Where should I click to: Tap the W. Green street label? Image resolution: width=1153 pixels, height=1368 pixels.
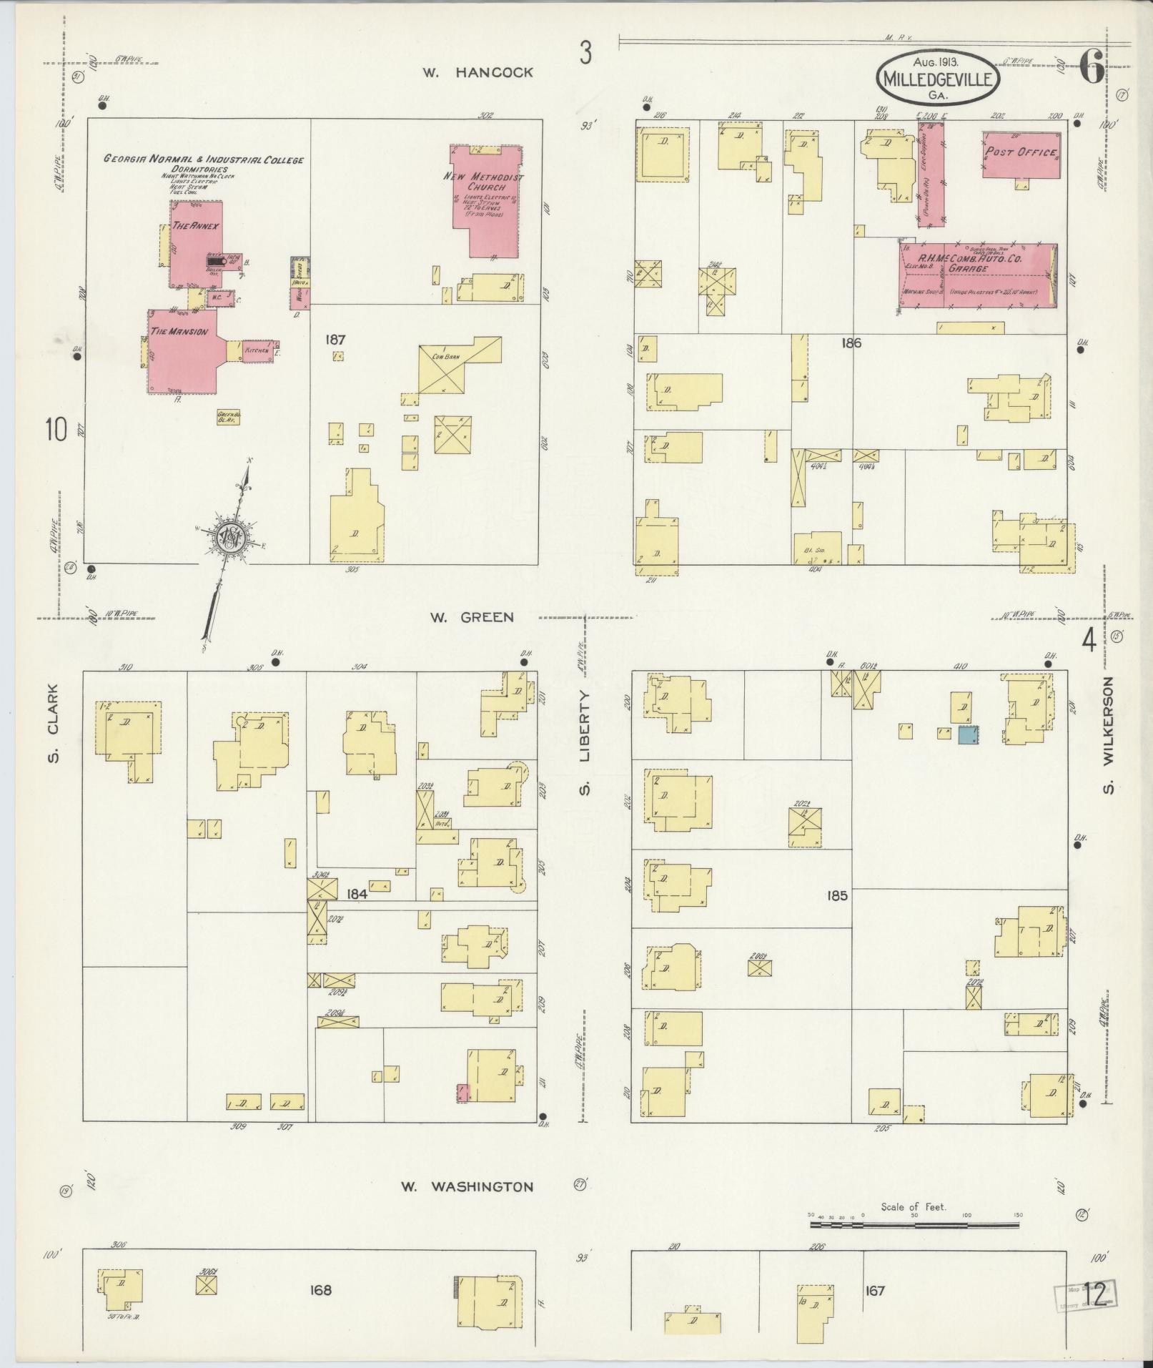[472, 617]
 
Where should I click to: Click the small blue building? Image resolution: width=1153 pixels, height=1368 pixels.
[968, 734]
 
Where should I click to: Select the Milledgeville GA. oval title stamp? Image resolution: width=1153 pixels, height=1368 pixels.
[937, 78]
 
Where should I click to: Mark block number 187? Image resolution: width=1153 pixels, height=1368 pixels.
[335, 340]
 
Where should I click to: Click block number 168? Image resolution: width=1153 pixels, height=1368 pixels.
[320, 1290]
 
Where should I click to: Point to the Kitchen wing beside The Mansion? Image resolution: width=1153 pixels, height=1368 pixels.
[257, 351]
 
